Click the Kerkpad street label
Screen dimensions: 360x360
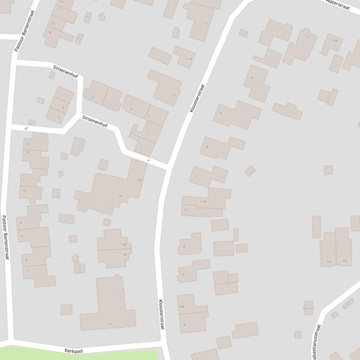[73, 350]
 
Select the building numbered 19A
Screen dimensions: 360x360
[334, 41]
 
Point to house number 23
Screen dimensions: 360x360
[281, 29]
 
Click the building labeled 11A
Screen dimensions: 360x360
[189, 59]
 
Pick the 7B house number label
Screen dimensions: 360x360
[139, 180]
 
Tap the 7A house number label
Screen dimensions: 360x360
[120, 196]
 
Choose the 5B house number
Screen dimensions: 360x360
[124, 245]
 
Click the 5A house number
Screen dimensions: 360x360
[125, 254]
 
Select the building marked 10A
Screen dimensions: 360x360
[203, 202]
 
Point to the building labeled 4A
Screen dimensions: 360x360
[182, 307]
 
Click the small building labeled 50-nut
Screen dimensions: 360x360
[309, 308]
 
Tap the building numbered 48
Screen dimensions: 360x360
[345, 261]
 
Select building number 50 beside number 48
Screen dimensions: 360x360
[329, 261]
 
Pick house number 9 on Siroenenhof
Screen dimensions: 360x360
[59, 117]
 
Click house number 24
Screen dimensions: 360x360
[61, 2]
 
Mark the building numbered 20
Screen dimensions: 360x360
[52, 23]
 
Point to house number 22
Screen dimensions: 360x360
[59, 8]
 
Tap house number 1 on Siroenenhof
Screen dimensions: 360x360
[140, 146]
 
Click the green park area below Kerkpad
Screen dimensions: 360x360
[80, 356]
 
